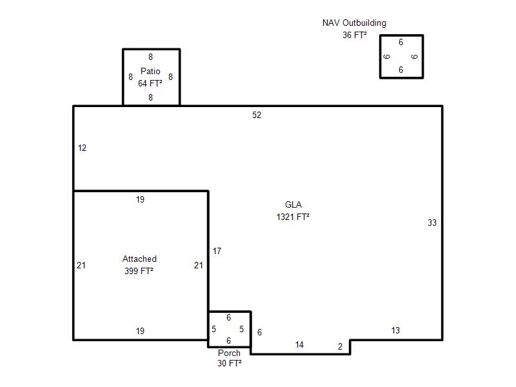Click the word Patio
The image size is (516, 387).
150,71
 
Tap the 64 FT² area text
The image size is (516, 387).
150,83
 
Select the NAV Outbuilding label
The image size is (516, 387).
354,23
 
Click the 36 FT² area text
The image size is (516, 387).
354,35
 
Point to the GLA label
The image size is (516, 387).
293,204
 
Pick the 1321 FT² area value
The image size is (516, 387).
293,217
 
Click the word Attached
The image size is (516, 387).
139,259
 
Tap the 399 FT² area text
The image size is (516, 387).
139,271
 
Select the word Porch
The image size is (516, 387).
229,353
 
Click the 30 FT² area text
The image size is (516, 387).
230,363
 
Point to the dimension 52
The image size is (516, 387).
257,115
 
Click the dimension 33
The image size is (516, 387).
432,223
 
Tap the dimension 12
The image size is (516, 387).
82,148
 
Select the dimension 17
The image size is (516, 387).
217,252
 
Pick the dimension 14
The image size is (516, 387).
299,345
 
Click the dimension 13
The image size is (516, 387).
395,330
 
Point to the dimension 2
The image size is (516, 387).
341,346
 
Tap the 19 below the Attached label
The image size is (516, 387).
140,331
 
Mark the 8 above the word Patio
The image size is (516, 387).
150,57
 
